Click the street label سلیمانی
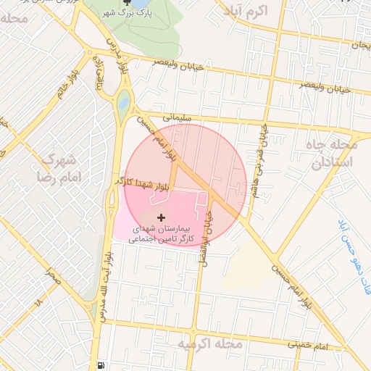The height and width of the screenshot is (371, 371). tap(177, 116)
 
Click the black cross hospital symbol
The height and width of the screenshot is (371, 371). tap(161, 217)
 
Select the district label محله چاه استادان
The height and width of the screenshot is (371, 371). tap(332, 153)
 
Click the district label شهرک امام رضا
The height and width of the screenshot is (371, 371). tap(61, 167)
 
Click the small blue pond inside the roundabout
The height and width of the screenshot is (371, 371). tap(123, 102)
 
